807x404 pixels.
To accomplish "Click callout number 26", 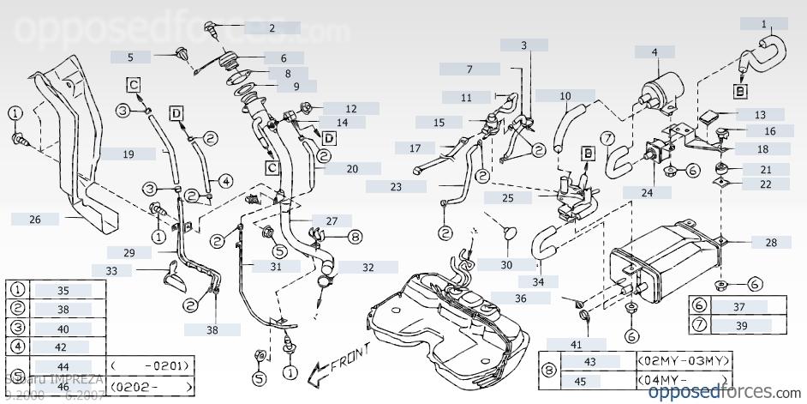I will pyautogui.click(x=35, y=220).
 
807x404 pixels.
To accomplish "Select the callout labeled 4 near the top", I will pyautogui.click(x=655, y=52).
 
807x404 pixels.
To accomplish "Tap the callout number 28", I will pyautogui.click(x=771, y=243).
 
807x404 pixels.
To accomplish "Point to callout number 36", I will pyautogui.click(x=521, y=298).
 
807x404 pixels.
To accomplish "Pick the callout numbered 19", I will pyautogui.click(x=127, y=154).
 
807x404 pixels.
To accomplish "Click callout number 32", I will pyautogui.click(x=368, y=268).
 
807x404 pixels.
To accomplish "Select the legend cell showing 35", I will pyautogui.click(x=63, y=291).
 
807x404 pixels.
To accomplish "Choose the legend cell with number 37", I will pyautogui.click(x=741, y=306).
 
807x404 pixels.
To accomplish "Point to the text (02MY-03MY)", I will pyautogui.click(x=683, y=362).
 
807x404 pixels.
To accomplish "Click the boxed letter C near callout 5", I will pyautogui.click(x=134, y=83).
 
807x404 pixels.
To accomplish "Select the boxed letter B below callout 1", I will pyautogui.click(x=739, y=88).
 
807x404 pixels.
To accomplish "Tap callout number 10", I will pyautogui.click(x=565, y=95).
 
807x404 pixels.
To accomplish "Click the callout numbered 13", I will pyautogui.click(x=760, y=114).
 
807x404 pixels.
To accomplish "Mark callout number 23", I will pyautogui.click(x=396, y=186).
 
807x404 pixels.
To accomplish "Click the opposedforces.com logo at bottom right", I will pyautogui.click(x=723, y=392).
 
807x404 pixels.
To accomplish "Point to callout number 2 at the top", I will pyautogui.click(x=272, y=28).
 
